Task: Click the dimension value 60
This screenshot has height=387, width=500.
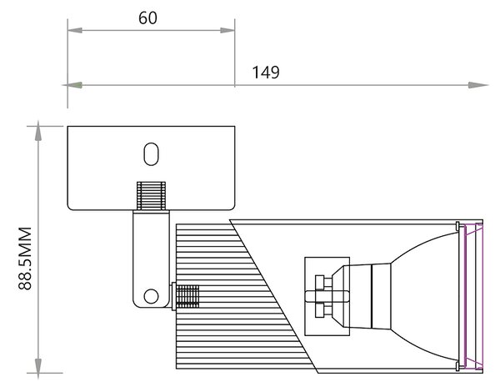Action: pos(147,18)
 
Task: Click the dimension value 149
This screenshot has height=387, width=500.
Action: pos(266,73)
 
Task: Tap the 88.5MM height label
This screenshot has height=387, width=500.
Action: pos(25,259)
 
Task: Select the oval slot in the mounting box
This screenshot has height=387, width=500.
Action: pos(151,154)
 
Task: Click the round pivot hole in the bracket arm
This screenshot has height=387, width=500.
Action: pos(151,296)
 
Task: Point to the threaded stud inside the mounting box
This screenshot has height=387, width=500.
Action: pos(151,195)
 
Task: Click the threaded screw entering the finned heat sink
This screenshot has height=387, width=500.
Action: pos(187,296)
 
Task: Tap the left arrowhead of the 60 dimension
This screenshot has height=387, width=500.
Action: pos(75,30)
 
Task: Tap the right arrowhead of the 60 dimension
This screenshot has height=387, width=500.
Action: pos(227,30)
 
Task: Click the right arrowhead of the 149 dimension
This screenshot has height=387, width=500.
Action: pos(478,85)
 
